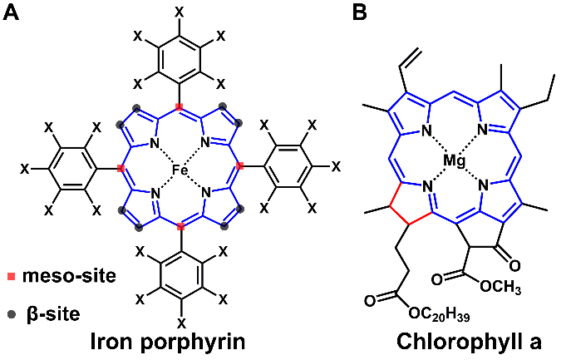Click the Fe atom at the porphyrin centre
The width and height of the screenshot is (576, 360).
point(180,169)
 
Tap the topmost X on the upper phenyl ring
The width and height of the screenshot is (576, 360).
point(180,12)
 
